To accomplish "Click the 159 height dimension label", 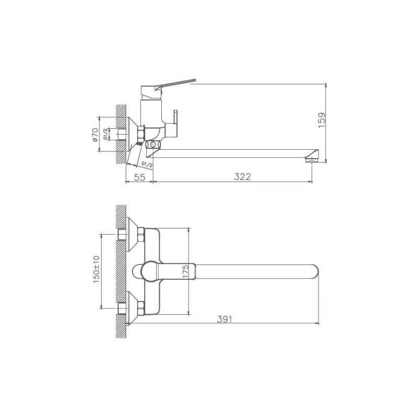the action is (322, 120).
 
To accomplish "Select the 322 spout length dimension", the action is (242, 177).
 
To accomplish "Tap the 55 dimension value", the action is (139, 177).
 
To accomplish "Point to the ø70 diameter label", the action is (95, 135).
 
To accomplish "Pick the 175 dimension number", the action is (186, 271).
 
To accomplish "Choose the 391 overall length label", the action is (225, 319).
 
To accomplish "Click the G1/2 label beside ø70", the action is (106, 134).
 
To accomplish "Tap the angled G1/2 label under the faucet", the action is (147, 164).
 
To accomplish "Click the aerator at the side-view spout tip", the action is (311, 160).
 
